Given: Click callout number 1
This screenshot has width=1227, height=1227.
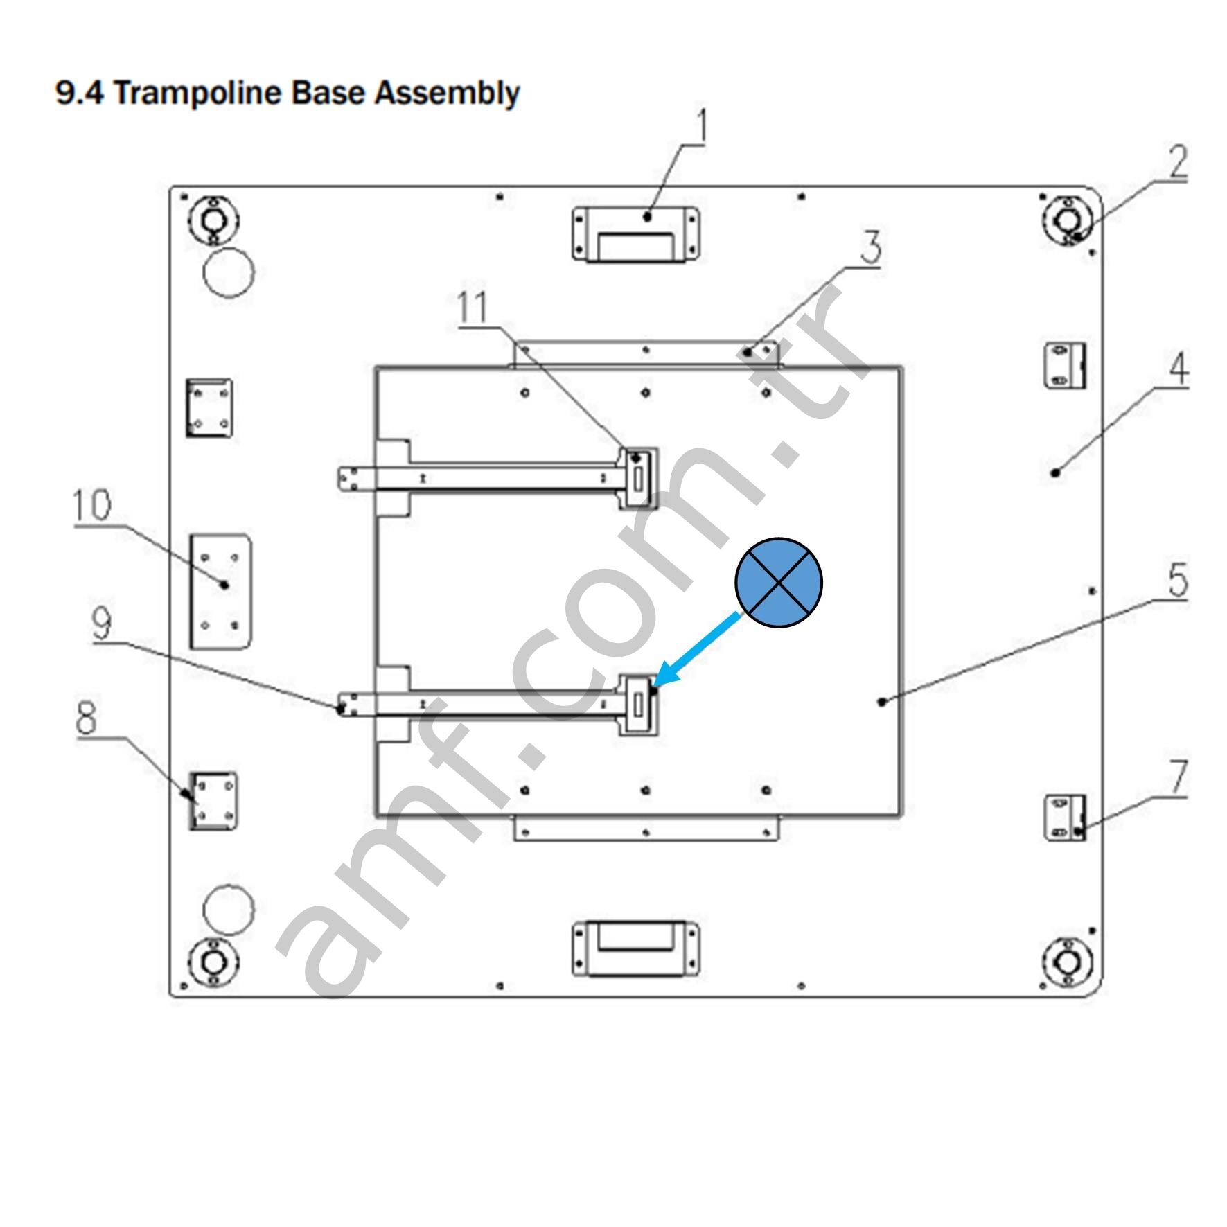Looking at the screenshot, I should coord(702,127).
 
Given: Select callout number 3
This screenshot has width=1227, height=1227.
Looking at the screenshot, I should coord(871,247).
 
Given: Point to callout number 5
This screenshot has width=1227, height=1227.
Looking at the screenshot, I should coord(1178,580).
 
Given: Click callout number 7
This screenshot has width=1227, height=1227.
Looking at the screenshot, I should coord(1179,777).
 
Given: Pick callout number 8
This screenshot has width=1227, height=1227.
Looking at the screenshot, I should coord(87,718).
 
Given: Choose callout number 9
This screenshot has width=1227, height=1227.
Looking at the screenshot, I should coord(101,624).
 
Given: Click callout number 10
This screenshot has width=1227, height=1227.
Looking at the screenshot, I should coord(91,504).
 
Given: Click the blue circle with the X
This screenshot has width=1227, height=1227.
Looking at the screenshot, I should coord(779,582).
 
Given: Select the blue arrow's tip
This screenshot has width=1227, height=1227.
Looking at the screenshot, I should coord(655,686).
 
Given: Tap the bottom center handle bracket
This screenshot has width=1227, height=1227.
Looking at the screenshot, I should coord(635,948).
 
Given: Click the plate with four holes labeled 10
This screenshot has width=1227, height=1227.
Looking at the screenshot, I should coord(220,591).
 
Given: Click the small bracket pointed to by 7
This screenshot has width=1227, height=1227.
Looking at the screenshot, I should coord(1064,818).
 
